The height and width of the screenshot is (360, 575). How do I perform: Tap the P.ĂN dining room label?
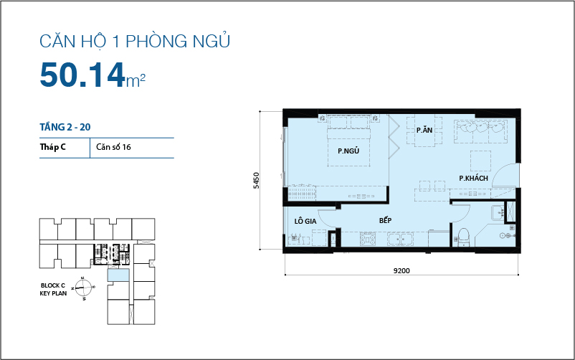[424, 131]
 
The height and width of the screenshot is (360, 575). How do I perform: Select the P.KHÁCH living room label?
[473, 177]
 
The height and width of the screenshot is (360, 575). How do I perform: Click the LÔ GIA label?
[305, 221]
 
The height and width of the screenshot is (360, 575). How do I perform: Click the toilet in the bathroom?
[463, 236]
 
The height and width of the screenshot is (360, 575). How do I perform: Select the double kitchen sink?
[401, 239]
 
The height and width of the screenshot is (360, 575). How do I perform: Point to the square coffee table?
[480, 158]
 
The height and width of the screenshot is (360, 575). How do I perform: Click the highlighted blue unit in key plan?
[119, 275]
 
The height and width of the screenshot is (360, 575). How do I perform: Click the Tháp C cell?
[54, 148]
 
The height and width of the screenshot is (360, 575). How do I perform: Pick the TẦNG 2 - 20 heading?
[65, 127]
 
